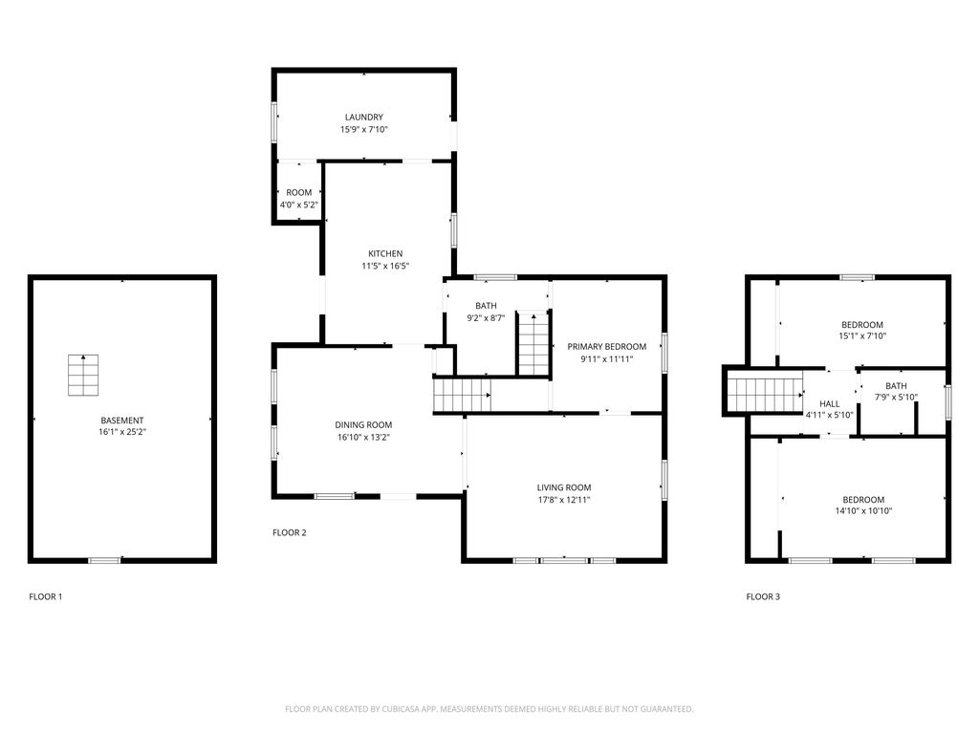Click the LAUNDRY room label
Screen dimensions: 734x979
click(364, 118)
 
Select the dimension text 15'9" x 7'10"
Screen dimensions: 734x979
click(364, 130)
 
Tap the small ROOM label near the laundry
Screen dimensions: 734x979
click(298, 193)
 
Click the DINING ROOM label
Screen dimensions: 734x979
click(363, 425)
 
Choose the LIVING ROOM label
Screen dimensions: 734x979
click(564, 487)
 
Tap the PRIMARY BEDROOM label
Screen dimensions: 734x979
click(606, 347)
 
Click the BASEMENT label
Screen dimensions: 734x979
click(122, 421)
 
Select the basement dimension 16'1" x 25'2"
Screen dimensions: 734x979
click(122, 433)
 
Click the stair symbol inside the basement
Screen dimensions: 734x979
click(83, 375)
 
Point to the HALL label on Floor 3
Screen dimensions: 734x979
click(829, 404)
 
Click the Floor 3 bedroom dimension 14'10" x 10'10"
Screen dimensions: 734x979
click(862, 511)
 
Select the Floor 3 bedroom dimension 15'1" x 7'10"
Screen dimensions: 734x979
click(861, 336)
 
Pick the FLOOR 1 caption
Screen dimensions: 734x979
click(46, 597)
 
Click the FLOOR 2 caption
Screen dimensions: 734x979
click(290, 533)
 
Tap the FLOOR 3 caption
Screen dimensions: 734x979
click(763, 597)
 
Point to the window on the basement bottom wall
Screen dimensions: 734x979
click(104, 560)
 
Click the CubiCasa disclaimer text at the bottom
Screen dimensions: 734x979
click(489, 709)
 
